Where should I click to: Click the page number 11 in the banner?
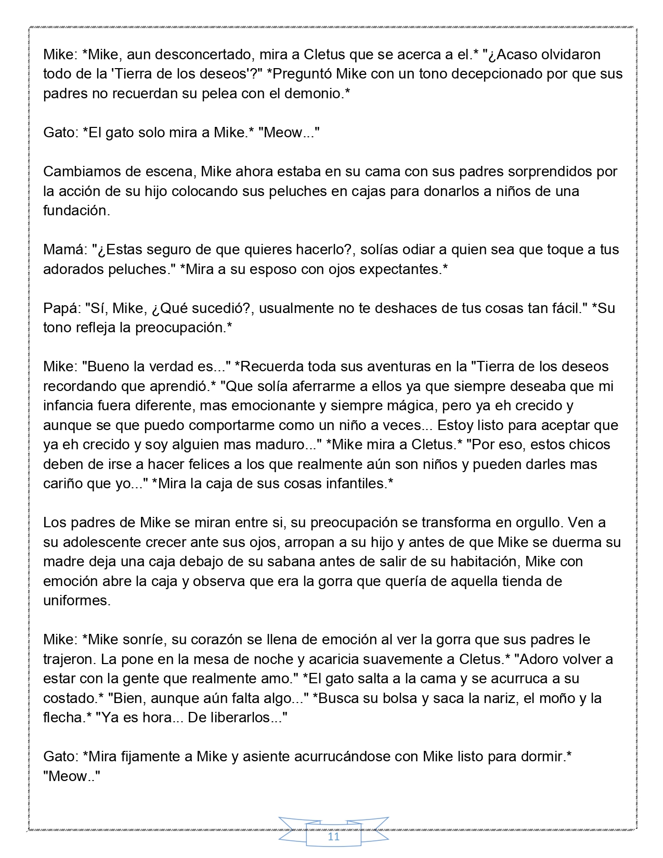coord(333,837)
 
